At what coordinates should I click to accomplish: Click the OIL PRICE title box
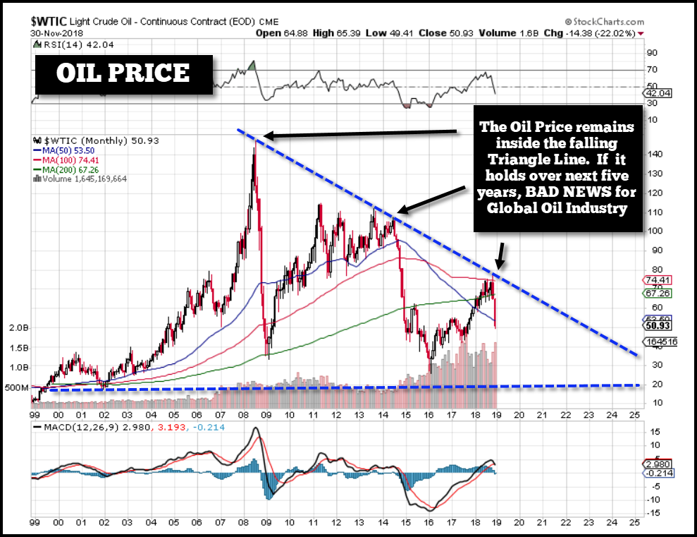tap(123, 73)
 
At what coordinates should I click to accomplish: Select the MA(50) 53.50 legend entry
tap(64, 150)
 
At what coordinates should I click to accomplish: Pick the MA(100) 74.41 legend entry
tap(66, 159)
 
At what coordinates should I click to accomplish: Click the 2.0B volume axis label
tap(17, 328)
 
